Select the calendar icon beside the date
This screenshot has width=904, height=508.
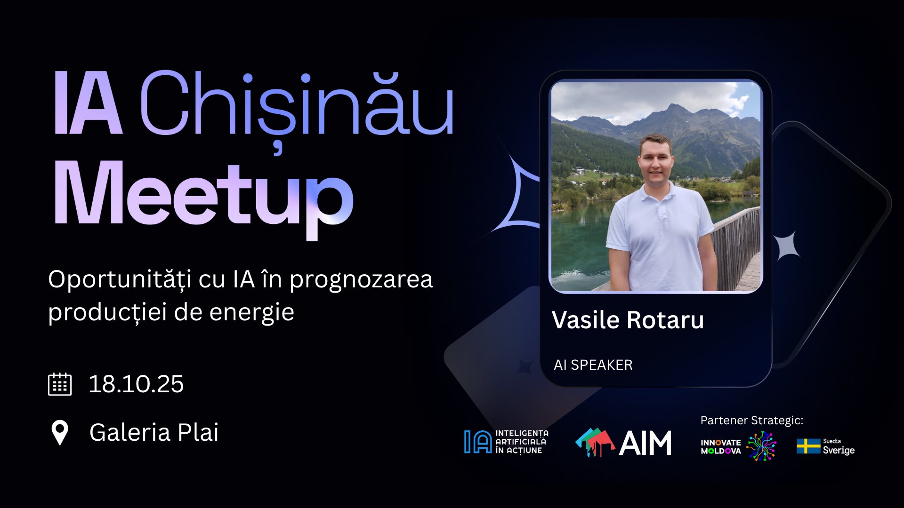coord(60,384)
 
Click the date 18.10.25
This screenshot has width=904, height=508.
coord(136,384)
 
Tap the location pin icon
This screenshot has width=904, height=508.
coord(60,432)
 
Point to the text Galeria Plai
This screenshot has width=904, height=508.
coord(154,432)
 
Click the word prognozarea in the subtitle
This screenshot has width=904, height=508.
coord(361,279)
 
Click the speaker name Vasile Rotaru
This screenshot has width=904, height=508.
coord(628,320)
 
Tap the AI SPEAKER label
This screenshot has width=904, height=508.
coord(593,365)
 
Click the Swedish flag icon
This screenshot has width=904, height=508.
coord(808,446)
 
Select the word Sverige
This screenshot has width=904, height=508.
coord(839,450)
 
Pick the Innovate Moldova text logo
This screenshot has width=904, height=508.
coord(720,446)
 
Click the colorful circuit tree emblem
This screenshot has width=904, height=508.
coord(761,446)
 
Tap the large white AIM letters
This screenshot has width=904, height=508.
coord(645,443)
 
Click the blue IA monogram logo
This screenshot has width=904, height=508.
coord(477,442)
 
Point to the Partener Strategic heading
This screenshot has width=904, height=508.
coord(751,420)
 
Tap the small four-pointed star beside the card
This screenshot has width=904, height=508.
coord(787,246)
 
